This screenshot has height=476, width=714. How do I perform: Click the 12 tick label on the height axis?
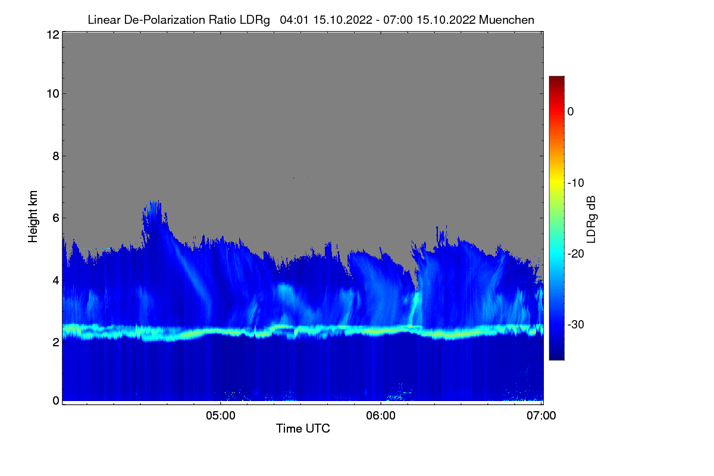pos(53,35)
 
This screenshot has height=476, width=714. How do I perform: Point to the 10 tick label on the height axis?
pos(53,94)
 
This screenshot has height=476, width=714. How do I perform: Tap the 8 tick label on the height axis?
pos(56,156)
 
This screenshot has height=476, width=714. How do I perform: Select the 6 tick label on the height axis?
pos(56,218)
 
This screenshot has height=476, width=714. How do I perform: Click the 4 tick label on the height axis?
pos(56,281)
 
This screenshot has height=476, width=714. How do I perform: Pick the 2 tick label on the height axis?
pos(56,342)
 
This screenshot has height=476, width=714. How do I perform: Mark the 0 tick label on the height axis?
pos(56,401)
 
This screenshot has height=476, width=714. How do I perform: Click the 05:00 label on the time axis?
pos(221,416)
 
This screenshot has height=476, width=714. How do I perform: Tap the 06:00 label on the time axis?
pos(381,416)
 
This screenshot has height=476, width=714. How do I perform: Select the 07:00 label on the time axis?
pos(541,416)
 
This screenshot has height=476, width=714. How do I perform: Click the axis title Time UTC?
pos(303,428)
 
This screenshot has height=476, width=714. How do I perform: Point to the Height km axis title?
pos(33,217)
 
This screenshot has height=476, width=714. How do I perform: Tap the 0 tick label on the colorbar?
pos(571,112)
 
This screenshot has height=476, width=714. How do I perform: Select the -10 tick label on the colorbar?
pos(576,183)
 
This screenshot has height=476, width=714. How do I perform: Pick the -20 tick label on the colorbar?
pos(576,254)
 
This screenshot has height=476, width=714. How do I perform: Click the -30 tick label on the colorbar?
pos(576,324)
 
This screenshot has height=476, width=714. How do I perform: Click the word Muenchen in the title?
pos(506,20)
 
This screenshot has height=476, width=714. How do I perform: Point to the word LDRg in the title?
pos(255,20)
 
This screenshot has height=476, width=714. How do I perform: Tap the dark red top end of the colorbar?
pos(556,77)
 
